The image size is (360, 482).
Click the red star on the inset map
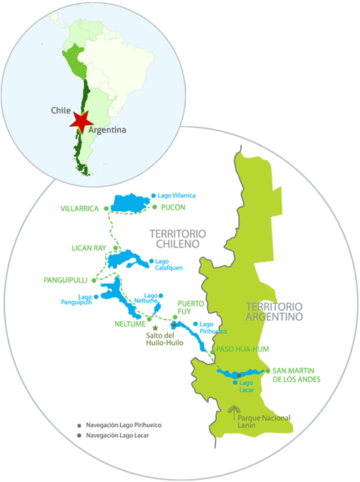click(x=80, y=120)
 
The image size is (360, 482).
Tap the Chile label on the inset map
click(x=61, y=111)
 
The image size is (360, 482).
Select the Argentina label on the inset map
click(x=108, y=130)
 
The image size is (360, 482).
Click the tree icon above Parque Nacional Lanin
click(x=232, y=409)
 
